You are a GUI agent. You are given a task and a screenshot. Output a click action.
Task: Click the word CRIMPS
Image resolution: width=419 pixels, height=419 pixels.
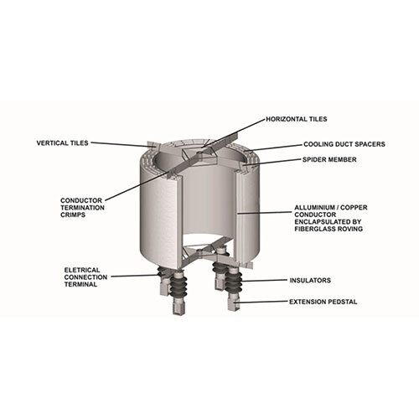(x=74, y=215)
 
